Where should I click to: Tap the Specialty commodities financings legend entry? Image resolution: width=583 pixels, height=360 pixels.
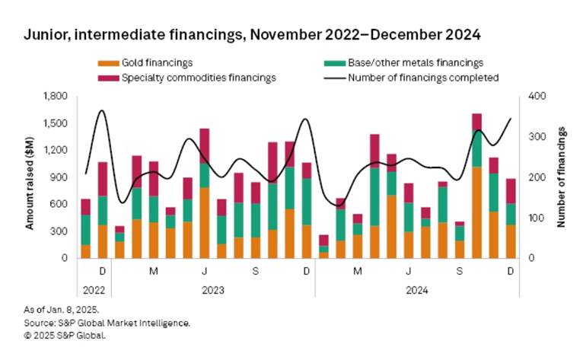point(191,76)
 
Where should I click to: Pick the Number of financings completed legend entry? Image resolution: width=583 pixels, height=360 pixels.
point(423,76)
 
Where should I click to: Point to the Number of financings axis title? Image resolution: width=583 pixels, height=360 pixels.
point(561,177)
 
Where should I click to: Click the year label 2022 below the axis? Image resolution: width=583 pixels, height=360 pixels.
point(94,289)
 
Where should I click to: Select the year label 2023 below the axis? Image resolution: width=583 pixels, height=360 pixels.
point(212,289)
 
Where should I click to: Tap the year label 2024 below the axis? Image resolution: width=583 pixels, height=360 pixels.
point(417,289)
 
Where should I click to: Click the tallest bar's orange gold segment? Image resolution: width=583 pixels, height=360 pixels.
point(477,212)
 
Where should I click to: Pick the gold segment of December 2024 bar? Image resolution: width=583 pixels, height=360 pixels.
point(511,241)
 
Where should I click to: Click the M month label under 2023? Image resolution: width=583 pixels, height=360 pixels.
point(154,272)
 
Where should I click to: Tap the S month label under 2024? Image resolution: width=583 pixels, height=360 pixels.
point(460,272)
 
